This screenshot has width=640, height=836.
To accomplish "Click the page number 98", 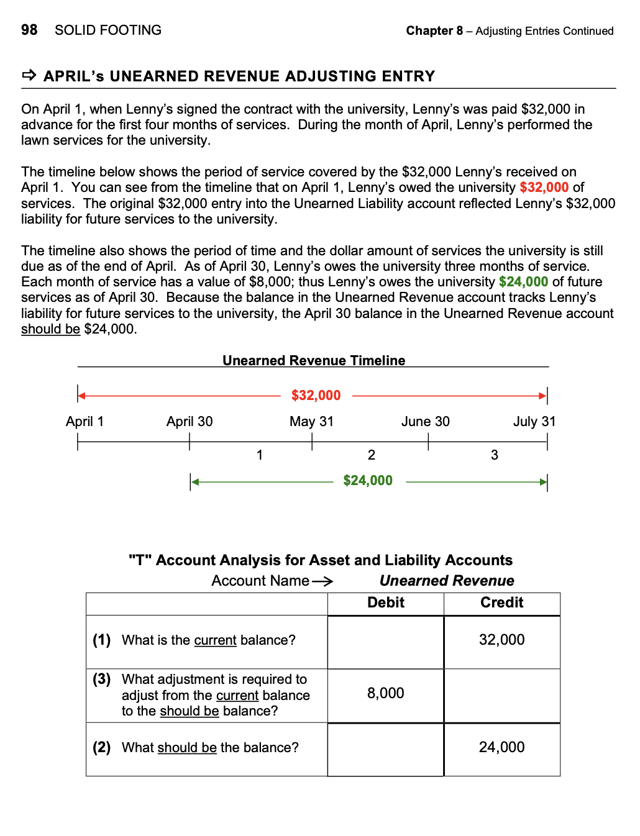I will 29,30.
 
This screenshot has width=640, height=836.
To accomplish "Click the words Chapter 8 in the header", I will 434,30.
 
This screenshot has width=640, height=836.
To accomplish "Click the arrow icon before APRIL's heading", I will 29,76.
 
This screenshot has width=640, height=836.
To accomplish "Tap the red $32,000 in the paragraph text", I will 544,188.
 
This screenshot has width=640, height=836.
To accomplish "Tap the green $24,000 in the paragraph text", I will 523,282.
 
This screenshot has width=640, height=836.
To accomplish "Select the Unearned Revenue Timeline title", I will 314,360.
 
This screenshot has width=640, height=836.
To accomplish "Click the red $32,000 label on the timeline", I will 316,395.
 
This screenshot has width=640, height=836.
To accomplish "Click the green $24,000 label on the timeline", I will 368,480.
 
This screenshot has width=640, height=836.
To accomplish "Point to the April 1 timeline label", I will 85,421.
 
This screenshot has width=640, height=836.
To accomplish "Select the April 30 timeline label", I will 190,421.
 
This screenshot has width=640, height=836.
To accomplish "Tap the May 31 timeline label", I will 311,421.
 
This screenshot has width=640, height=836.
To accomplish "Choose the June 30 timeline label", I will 426,421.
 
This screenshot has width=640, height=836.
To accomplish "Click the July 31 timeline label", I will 534,421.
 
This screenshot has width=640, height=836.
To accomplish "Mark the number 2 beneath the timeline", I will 372,455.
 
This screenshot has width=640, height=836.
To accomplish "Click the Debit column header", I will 386,602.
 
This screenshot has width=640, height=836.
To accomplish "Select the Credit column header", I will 502,602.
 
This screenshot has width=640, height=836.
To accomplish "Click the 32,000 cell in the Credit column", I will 502,640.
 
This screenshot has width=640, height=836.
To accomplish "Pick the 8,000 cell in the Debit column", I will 386,693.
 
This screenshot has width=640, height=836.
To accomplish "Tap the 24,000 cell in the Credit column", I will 502,747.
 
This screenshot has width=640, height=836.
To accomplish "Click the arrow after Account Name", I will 322,581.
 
